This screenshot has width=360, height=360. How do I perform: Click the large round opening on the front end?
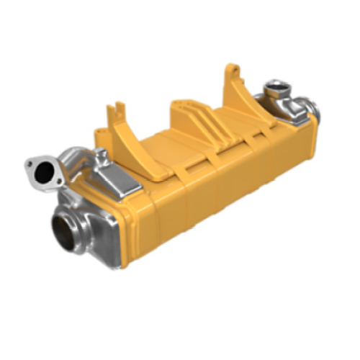[x=66, y=230]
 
